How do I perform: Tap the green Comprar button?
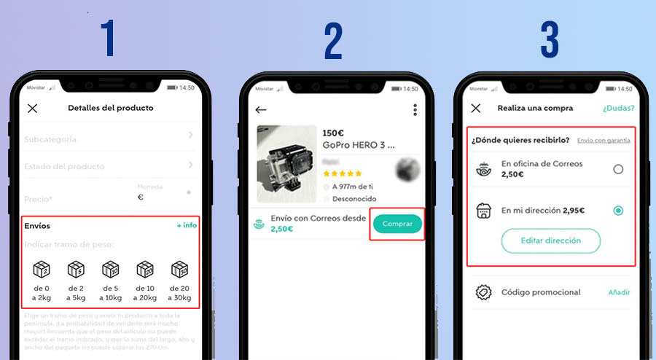click(397, 224)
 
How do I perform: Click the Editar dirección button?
click(550, 240)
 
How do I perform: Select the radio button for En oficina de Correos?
click(618, 169)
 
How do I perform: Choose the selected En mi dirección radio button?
click(618, 211)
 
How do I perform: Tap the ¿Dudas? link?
click(618, 109)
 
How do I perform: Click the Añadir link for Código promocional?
click(619, 292)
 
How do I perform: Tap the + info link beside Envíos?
click(187, 225)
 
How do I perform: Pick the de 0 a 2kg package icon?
click(42, 270)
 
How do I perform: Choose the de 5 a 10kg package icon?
click(110, 270)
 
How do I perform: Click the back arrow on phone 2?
click(261, 110)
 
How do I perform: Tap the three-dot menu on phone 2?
click(415, 110)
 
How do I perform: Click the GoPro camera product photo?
click(286, 164)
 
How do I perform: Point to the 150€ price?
click(333, 133)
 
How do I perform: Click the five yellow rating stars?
click(342, 173)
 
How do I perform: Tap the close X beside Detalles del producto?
click(32, 109)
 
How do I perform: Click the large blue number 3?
click(550, 40)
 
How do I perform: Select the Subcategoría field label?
click(50, 138)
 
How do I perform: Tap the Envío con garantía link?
click(604, 140)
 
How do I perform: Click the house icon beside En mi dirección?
click(483, 211)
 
